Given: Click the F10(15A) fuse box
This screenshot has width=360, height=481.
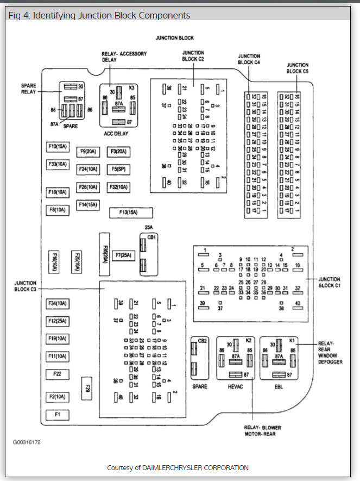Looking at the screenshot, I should point(58,147).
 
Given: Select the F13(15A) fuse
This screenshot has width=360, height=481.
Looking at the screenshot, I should point(131,212).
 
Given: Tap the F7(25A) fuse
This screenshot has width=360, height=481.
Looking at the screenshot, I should point(123,255).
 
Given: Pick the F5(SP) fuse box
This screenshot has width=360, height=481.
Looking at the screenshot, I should point(118,169).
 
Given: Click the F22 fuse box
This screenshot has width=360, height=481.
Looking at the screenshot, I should point(58,374).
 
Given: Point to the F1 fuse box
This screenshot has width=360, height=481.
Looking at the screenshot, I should point(58,415).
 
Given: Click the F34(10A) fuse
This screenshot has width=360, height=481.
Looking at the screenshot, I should point(58,303).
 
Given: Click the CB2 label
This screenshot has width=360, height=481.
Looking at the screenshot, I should point(202,341).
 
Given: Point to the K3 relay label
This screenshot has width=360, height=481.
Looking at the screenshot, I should point(132,87).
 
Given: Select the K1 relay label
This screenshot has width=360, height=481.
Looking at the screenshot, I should point(292,340).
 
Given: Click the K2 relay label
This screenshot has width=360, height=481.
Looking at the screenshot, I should point(249,340).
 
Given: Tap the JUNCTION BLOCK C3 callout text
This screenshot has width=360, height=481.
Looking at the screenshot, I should point(26,286).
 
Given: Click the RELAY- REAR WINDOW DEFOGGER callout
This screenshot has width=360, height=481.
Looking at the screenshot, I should point(330,353).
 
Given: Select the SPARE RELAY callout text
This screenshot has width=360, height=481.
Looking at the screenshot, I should point(29,89).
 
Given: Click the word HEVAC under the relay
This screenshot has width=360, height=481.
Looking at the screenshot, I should point(236,386).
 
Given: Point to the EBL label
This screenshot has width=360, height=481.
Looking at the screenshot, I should point(279,386).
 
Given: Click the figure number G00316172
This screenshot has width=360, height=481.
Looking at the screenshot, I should point(27,442).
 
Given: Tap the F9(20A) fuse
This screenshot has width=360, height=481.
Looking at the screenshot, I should point(87,152).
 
